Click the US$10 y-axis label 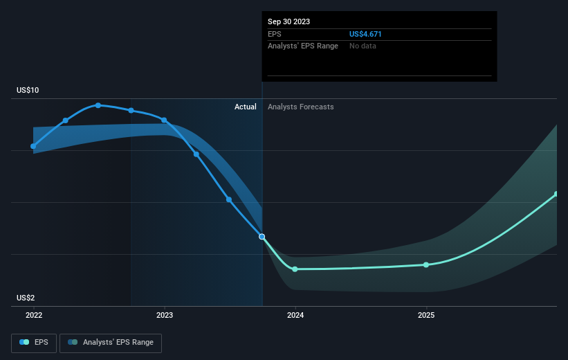coord(28,91)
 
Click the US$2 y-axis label coord(26,298)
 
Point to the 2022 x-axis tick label coord(33,315)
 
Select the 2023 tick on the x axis coord(165,315)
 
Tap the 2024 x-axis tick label coord(295,315)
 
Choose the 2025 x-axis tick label coord(426,315)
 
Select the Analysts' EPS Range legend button coord(111,342)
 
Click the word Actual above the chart coord(245,107)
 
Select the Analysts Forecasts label coord(300,107)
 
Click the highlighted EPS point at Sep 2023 coord(262,237)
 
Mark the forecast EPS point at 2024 coord(295,269)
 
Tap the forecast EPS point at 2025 coord(426,264)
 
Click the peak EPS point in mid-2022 coord(98,105)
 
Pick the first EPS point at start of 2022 coord(33,146)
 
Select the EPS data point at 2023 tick coord(164,120)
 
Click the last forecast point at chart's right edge coord(556,194)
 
